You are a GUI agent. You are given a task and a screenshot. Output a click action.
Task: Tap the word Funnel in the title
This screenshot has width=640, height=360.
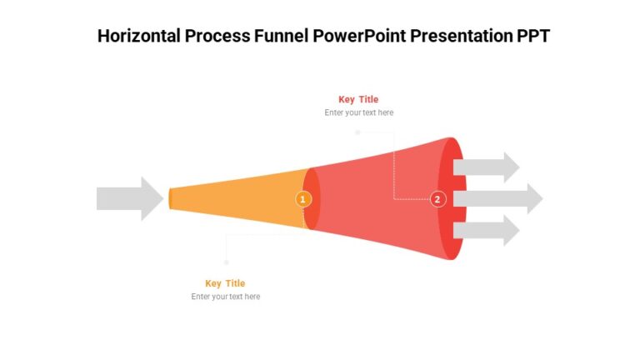(x=282, y=36)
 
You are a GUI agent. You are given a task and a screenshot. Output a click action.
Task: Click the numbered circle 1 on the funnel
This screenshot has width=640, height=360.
(x=303, y=199)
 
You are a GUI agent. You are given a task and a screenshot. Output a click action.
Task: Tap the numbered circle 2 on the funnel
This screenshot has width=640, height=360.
(x=437, y=199)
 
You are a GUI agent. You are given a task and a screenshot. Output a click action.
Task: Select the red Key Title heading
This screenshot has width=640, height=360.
(x=358, y=99)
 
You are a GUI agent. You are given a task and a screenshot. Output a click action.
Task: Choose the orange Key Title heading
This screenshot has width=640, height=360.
(x=225, y=283)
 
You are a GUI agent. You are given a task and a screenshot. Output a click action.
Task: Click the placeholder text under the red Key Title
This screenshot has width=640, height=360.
(x=358, y=112)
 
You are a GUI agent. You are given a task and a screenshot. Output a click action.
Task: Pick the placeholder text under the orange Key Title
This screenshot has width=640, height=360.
(x=225, y=297)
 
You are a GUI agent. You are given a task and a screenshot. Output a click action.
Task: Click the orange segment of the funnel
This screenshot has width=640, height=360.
(x=242, y=198)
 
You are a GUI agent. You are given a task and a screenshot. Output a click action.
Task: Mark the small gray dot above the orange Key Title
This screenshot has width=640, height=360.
(x=226, y=262)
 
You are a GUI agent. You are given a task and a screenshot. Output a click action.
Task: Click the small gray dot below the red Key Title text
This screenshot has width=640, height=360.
(x=357, y=132)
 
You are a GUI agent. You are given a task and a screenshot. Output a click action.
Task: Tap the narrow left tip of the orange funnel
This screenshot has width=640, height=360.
(x=171, y=198)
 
